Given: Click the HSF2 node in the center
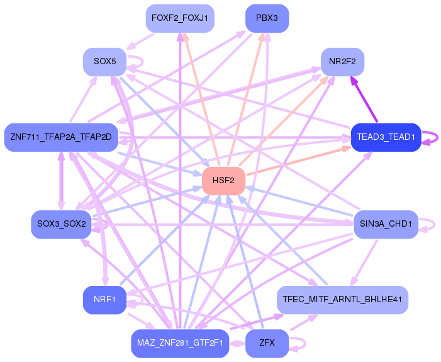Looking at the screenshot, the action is pos(223,181).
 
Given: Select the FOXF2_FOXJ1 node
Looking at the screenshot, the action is pos(180,18).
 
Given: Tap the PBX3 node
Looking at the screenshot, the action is pos(267,18).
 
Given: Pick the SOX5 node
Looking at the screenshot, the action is pos(104,62).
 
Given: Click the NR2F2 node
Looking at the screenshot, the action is pos(342,62).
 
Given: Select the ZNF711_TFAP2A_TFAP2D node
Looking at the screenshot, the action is pos(60,137).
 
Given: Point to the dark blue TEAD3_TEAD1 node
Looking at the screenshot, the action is pos(386,137).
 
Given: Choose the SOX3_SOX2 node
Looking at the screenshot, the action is pos(61,224).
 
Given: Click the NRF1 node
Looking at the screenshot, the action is pos(104,300).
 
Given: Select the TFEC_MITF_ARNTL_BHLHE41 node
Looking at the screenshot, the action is pos(343,300).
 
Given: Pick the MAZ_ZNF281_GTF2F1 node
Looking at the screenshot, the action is pos(180,344).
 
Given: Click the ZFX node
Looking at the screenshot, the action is pos(267,344).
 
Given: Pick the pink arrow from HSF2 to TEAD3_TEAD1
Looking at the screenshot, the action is pos(296,161).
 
